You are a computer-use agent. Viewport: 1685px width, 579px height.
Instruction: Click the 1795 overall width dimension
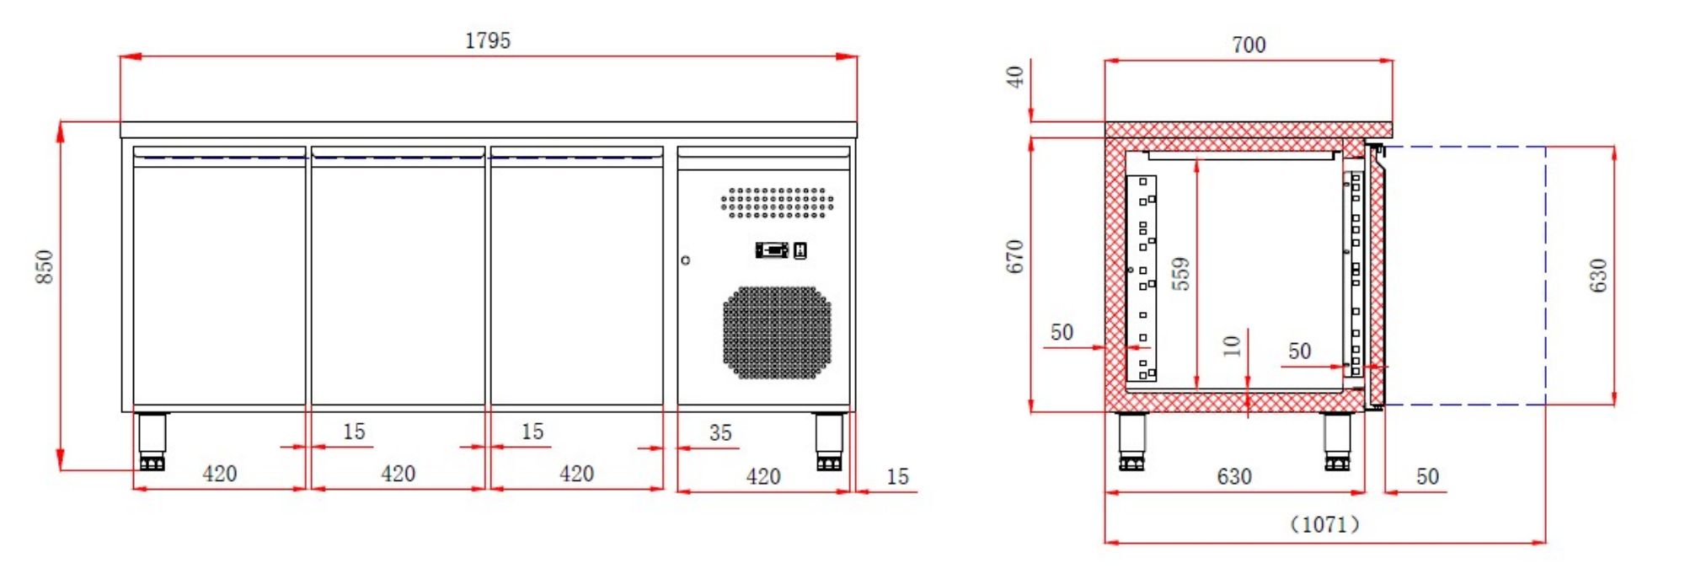(488, 40)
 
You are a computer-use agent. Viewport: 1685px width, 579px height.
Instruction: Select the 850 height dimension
(45, 266)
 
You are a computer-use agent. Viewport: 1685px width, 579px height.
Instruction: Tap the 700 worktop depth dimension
(1248, 45)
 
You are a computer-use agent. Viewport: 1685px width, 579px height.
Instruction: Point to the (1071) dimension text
(1324, 524)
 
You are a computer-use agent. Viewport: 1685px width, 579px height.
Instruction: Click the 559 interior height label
(1181, 274)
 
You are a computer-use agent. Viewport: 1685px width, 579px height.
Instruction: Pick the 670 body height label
(1015, 256)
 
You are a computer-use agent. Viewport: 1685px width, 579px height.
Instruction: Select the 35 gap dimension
(720, 433)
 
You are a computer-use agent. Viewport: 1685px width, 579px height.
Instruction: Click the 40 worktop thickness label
(1015, 78)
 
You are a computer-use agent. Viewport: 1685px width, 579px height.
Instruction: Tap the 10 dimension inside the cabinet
(1232, 345)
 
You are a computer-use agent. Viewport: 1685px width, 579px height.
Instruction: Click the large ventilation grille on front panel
(777, 332)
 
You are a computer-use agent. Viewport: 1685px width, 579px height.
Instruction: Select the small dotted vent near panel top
(777, 202)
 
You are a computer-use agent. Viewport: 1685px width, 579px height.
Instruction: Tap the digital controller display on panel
(772, 249)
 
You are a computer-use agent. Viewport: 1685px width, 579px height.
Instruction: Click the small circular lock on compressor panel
(686, 260)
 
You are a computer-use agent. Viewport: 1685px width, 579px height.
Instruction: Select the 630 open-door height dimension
(1598, 276)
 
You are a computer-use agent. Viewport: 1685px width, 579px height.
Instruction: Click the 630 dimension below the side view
(1234, 476)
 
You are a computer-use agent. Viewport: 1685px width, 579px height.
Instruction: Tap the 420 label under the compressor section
(763, 477)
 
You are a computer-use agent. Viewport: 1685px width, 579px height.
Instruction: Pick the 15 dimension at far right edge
(897, 477)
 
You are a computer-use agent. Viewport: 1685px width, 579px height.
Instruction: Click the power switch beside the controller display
(800, 249)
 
